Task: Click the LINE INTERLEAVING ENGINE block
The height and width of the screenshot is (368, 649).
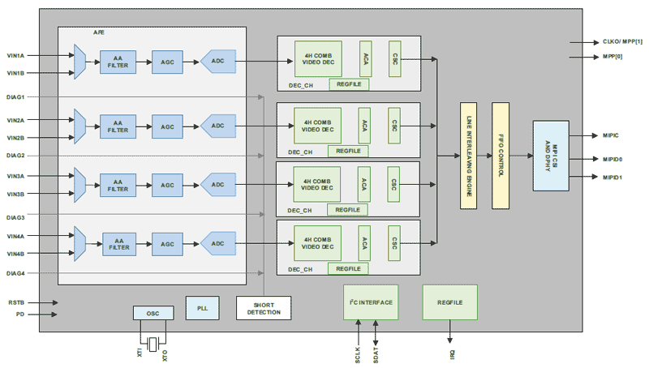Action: pos(467,156)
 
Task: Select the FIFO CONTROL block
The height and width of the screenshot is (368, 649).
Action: pos(500,156)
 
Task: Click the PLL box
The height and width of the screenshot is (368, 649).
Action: pos(201,307)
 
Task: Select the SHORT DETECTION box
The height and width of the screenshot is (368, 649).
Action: pos(263,308)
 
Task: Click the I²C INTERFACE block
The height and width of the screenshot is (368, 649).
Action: pos(369,302)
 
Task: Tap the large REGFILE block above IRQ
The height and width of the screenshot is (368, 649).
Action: pos(449,302)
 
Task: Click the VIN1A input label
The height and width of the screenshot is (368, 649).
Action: pos(16,56)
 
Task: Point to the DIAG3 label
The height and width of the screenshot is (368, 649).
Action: pos(16,217)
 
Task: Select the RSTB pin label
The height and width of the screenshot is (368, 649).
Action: pos(16,302)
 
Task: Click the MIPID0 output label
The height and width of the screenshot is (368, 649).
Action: pos(612,159)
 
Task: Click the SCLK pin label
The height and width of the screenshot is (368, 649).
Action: pos(357,354)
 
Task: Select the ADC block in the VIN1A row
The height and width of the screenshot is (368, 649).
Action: pos(217,61)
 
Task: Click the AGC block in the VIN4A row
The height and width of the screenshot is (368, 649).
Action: pos(169,244)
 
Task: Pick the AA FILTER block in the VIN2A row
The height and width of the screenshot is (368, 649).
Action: pos(118,125)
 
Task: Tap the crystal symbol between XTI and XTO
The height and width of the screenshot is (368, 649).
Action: pos(153,341)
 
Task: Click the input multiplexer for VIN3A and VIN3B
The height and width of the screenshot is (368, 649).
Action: pos(80,184)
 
